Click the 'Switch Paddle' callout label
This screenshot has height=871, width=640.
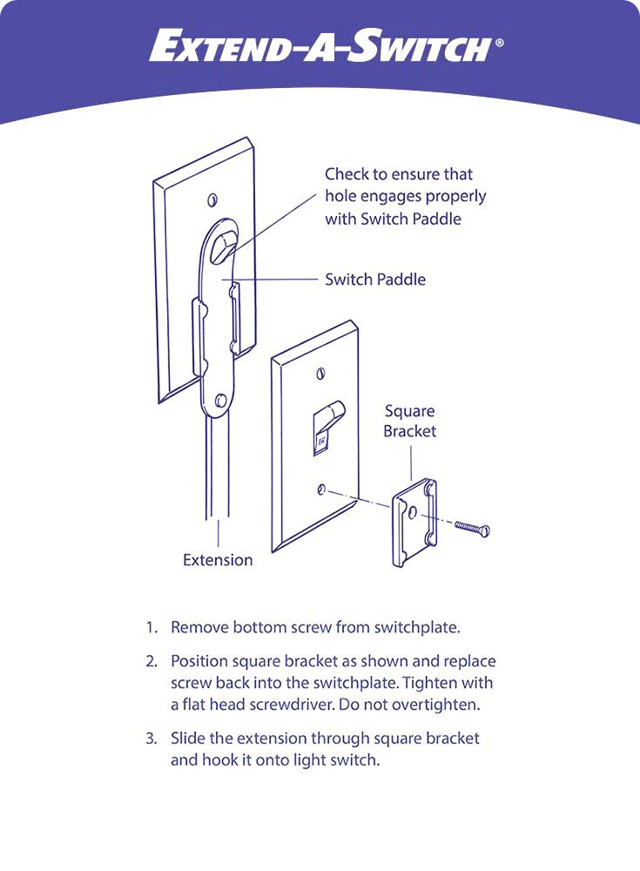(x=375, y=280)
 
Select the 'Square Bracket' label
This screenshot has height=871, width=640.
(x=409, y=421)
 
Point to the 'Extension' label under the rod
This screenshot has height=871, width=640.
(x=218, y=560)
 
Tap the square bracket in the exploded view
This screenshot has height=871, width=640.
(x=414, y=522)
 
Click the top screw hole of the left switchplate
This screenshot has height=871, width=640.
(x=212, y=200)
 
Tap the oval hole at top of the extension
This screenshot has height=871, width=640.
(x=225, y=241)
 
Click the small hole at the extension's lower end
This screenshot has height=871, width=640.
(x=220, y=402)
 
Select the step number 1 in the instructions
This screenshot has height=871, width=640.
(x=151, y=627)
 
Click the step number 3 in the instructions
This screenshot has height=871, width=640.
(x=151, y=739)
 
